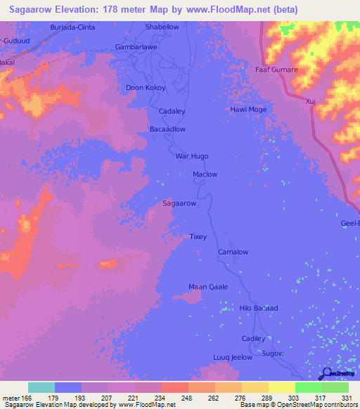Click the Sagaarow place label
pos(179,203)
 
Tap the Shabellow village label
pos(162,27)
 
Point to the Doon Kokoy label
pos(144,88)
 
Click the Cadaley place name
pos(172,112)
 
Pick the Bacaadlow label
pos(167,129)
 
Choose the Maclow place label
pos(205,174)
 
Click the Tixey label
pos(198,237)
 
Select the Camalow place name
pos(233,252)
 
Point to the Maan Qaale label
pos(208,286)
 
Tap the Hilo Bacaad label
pos(259,309)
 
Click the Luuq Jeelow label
pos(233,358)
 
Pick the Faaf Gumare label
pos(276,70)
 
